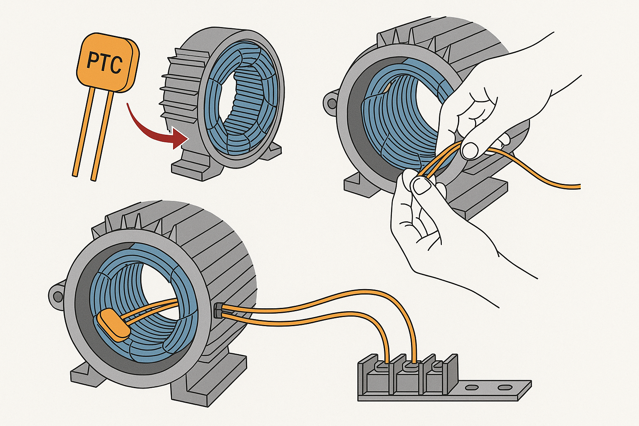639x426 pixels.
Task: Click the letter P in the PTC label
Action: pyautogui.click(x=92, y=60)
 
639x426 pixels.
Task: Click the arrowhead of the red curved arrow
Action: pyautogui.click(x=180, y=138)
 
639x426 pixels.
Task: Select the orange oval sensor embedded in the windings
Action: pyautogui.click(x=113, y=325)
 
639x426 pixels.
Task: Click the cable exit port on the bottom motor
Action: pyautogui.click(x=218, y=310)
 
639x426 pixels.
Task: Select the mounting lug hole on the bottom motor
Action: pyautogui.click(x=57, y=297)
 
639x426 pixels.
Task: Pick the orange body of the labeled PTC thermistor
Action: pyautogui.click(x=107, y=62)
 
